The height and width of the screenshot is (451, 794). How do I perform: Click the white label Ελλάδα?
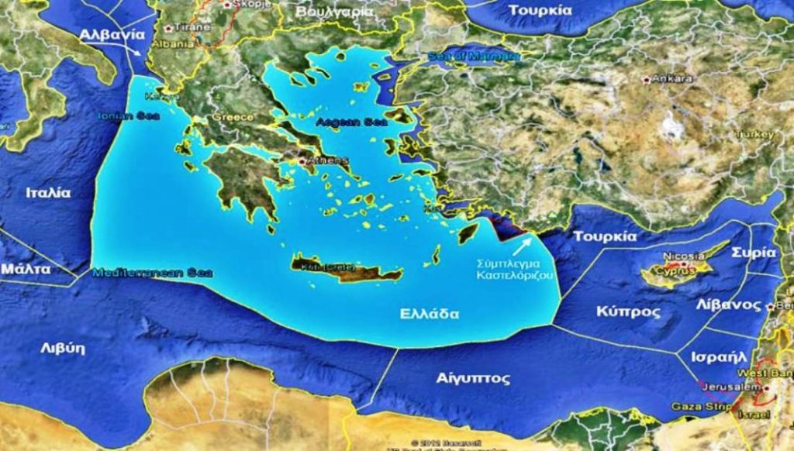coord(430,314)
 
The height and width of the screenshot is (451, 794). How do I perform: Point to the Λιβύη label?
coord(63,347)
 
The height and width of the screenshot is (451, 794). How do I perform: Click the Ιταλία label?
coord(48,193)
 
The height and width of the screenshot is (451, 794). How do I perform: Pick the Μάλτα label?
coord(26,269)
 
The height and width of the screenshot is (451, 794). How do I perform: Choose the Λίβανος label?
coord(728,305)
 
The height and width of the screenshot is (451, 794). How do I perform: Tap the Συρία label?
coord(758,253)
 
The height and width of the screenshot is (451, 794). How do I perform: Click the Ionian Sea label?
coord(129,115)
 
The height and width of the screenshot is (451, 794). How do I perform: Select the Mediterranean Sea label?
coord(152,273)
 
